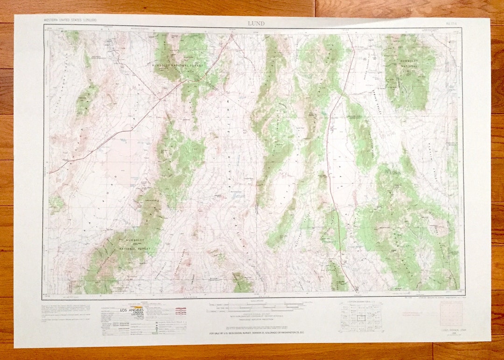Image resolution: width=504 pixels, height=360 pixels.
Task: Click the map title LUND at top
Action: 256,24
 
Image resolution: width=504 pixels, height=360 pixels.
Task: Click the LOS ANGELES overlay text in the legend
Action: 132,310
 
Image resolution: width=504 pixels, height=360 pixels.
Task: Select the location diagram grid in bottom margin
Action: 360,317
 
